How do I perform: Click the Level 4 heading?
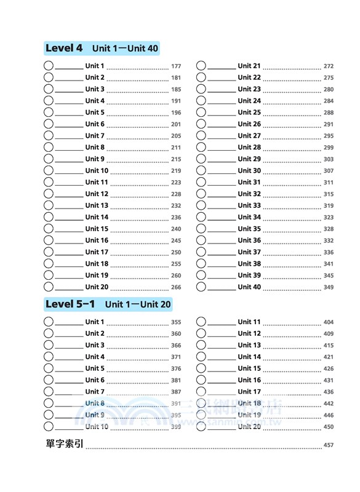[64, 48]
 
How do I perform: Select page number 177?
[176, 66]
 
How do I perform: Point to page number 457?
[328, 445]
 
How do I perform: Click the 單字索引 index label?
[64, 445]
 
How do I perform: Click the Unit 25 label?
[249, 113]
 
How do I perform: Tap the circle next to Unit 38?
[201, 264]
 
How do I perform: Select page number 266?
[176, 287]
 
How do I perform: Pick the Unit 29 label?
[249, 159]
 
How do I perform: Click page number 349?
[329, 287]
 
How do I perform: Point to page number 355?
[176, 322]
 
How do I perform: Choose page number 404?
[329, 322]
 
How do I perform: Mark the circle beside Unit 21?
[201, 66]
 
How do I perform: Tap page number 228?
[176, 194]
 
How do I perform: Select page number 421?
[329, 357]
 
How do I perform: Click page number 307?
[329, 171]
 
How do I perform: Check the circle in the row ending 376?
[49, 368]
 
